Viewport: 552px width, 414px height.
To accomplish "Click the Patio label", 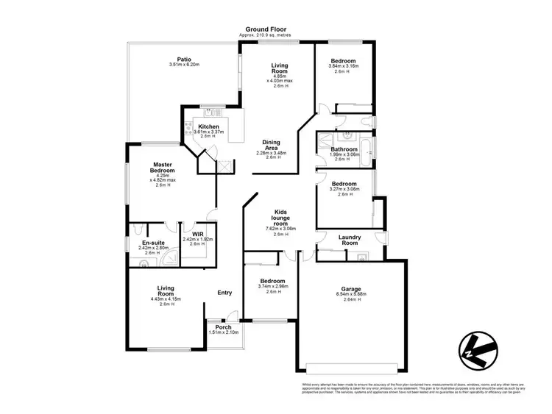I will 184,60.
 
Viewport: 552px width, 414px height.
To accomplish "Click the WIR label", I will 197,235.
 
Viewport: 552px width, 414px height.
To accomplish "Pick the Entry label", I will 224,293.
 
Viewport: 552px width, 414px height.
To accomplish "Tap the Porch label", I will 223,327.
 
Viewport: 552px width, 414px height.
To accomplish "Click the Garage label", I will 351,289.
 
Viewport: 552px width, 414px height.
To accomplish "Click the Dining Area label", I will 277,144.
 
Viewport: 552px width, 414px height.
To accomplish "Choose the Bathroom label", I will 344,149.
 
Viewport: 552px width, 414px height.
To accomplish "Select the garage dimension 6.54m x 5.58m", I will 351,295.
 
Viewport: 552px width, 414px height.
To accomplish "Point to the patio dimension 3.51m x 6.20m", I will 184,65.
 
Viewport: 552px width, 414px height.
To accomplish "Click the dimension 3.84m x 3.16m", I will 344,65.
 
